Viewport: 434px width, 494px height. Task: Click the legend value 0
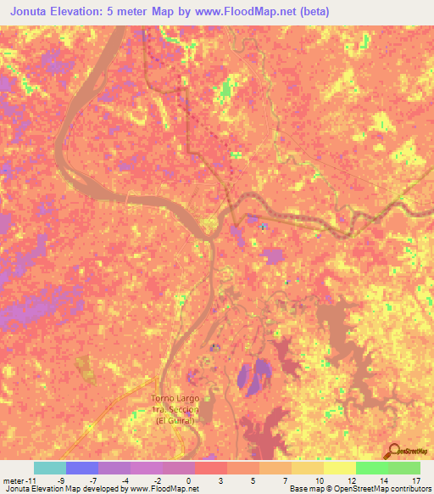tap(186, 480)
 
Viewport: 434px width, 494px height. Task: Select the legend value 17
tap(415, 480)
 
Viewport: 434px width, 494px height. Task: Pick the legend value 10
tap(318, 480)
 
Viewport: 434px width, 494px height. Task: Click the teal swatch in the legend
tap(50, 468)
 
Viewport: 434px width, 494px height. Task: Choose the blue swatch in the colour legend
tap(82, 468)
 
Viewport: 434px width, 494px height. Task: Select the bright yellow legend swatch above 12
tap(340, 468)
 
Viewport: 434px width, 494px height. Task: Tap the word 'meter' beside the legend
tap(12, 480)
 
